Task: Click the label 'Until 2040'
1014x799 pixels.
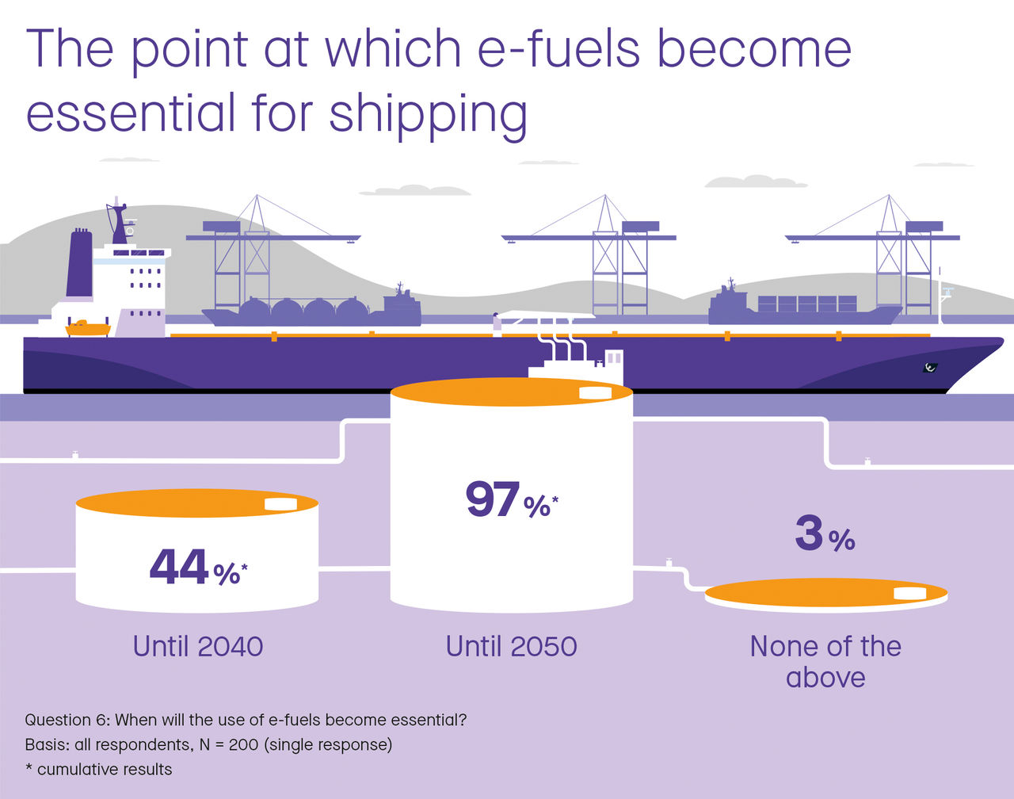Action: pos(198,646)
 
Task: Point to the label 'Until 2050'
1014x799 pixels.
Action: pos(511,646)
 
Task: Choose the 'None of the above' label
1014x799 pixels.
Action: pos(825,661)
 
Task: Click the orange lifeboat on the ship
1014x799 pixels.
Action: pos(86,327)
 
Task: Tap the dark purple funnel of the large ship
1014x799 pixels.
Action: pos(79,264)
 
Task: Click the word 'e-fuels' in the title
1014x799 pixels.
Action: pos(558,49)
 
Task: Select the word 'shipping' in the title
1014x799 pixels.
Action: pos(428,113)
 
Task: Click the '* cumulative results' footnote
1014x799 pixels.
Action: pos(98,769)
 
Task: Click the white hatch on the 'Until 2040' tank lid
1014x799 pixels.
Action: pos(280,504)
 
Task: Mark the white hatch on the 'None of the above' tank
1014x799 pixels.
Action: pos(909,594)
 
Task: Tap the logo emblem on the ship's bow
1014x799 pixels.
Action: pos(931,367)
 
